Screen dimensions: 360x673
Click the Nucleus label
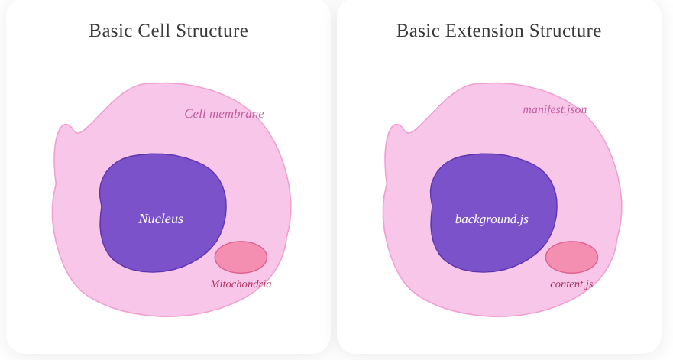tap(161, 219)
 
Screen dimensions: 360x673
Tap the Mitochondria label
tap(241, 284)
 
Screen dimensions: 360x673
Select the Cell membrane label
tap(224, 114)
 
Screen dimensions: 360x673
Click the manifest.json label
tap(555, 109)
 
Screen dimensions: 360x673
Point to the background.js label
tap(491, 219)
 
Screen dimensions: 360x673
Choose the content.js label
tap(571, 284)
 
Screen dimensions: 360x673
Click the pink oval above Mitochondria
tap(241, 257)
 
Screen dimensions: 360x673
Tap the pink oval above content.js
tap(571, 257)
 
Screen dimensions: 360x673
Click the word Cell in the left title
tap(155, 31)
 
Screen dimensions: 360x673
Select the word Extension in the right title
tap(480, 31)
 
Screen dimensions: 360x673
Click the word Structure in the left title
tap(212, 31)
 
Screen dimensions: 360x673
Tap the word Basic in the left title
tap(110, 31)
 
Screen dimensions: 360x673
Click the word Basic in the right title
tap(417, 31)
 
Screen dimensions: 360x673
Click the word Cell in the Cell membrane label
tap(195, 114)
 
